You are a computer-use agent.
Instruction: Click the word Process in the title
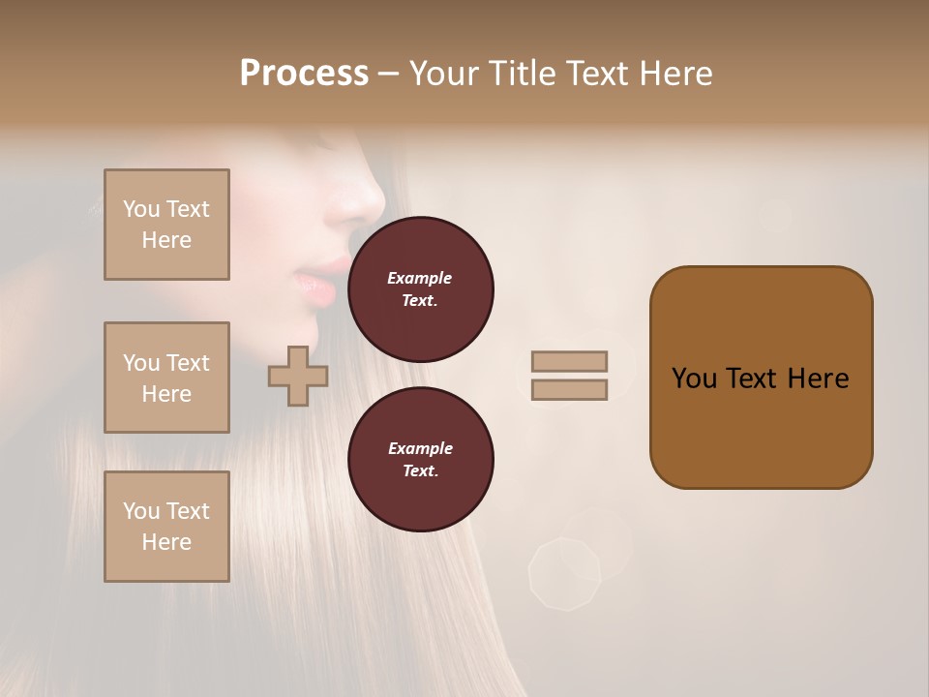coord(304,74)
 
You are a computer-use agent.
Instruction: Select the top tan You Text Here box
coord(166,225)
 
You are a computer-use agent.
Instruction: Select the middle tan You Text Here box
coord(166,378)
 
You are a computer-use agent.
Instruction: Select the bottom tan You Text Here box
coord(166,527)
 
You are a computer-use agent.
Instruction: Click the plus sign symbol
coord(298,377)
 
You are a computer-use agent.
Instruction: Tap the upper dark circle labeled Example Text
coord(420,289)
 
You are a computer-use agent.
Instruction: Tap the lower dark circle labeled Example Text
coord(420,459)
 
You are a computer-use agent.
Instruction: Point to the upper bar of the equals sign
coord(569,361)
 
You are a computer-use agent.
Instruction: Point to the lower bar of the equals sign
coord(569,390)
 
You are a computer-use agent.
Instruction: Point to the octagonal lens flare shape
coord(564,575)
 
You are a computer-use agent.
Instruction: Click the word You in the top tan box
coord(140,209)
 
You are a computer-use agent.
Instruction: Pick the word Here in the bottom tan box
coord(166,542)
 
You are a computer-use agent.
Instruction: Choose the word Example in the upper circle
coord(420,278)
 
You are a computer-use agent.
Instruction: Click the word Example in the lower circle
coord(420,448)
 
